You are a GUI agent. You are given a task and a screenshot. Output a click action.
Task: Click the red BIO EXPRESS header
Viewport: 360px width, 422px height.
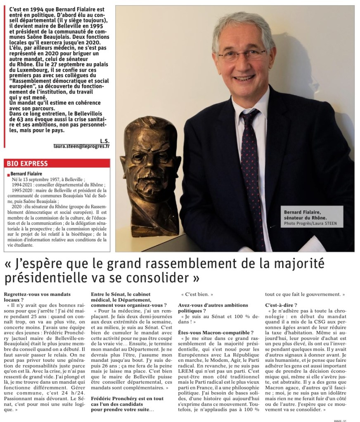click(x=27, y=163)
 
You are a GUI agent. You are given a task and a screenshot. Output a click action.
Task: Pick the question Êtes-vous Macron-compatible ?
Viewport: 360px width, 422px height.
click(x=222, y=332)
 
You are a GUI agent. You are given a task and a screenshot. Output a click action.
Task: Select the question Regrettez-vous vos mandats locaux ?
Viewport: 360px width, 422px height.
click(x=37, y=297)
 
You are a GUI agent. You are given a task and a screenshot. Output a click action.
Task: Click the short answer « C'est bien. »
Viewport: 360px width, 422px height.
click(x=197, y=295)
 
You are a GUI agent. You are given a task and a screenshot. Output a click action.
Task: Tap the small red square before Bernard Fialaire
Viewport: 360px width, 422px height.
click(x=8, y=175)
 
